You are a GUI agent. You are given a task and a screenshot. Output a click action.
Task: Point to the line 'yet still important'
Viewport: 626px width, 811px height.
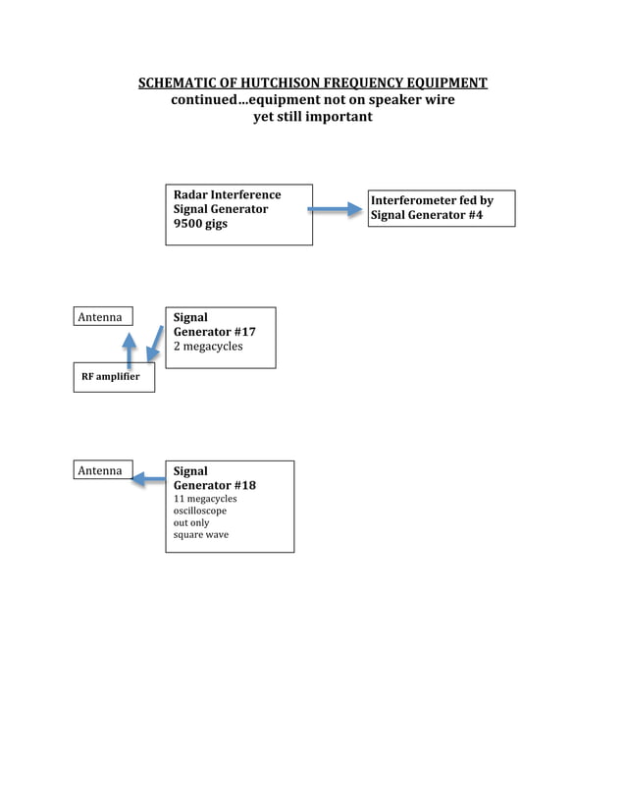click(x=313, y=117)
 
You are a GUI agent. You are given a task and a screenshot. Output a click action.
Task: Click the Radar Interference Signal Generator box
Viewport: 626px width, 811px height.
click(x=238, y=214)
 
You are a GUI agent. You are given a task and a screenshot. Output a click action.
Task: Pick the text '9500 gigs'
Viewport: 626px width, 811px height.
click(x=200, y=224)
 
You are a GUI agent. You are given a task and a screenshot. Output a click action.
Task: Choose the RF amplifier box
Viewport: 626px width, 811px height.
click(x=113, y=377)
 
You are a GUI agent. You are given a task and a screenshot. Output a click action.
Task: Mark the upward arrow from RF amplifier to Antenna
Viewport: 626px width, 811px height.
click(x=129, y=349)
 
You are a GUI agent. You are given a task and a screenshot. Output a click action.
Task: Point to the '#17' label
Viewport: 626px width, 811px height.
click(x=244, y=332)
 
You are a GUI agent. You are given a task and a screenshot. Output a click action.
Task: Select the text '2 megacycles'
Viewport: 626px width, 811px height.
click(x=208, y=347)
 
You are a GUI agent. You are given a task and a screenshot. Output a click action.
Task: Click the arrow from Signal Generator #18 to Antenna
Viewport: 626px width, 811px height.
click(x=148, y=479)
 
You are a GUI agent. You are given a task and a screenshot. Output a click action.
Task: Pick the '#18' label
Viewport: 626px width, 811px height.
click(x=244, y=485)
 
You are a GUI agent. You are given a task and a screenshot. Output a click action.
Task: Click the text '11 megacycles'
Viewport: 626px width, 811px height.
click(x=205, y=499)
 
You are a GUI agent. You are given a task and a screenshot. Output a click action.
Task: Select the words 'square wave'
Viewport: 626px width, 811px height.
click(x=201, y=535)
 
